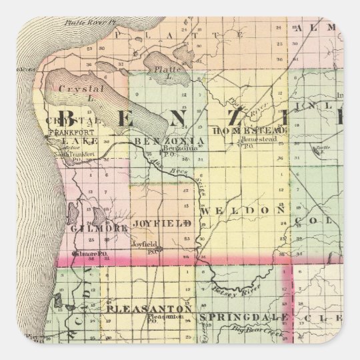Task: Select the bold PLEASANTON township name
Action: pos(148,309)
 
